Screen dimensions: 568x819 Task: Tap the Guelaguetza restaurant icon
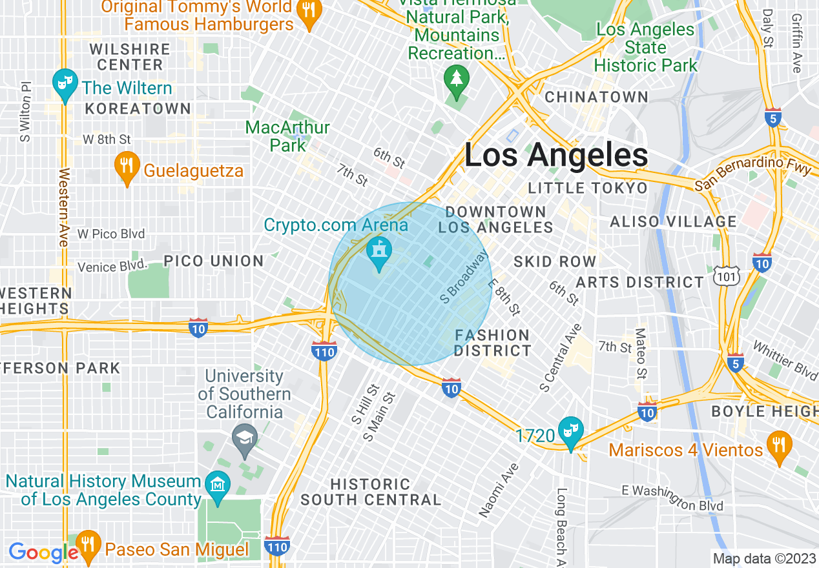click(127, 167)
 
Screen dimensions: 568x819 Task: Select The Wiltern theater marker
click(64, 84)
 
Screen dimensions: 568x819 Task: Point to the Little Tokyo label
click(587, 188)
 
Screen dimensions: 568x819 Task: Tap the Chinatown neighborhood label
click(596, 97)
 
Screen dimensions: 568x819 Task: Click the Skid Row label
click(555, 261)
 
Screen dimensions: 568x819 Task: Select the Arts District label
click(639, 282)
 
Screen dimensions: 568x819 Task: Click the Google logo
click(43, 553)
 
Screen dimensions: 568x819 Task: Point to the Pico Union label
click(213, 261)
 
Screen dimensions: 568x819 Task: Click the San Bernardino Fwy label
click(753, 174)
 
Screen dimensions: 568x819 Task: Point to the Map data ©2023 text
click(763, 558)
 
